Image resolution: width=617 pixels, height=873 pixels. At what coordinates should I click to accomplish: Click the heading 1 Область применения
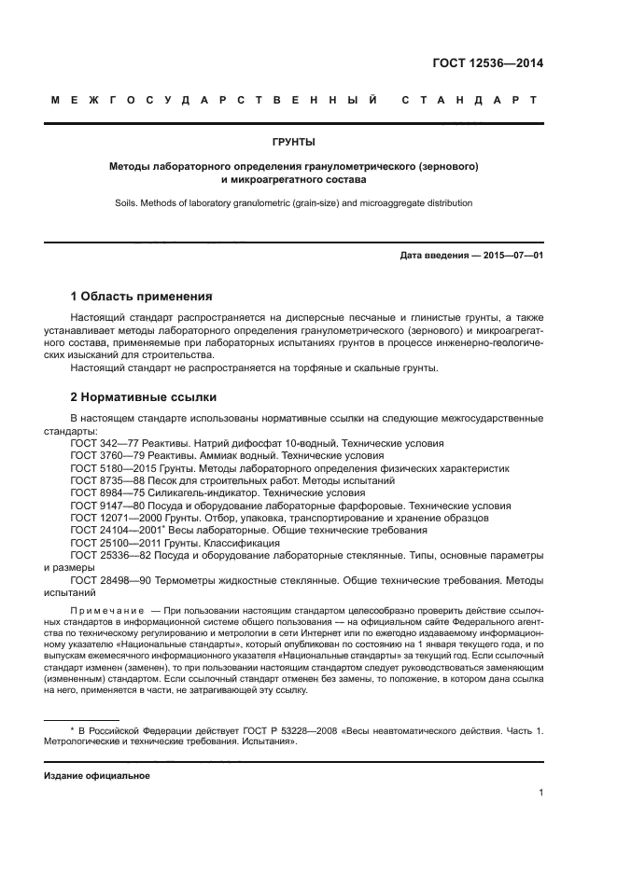(x=142, y=297)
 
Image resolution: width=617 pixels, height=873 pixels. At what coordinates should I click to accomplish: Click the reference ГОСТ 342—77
(x=102, y=443)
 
